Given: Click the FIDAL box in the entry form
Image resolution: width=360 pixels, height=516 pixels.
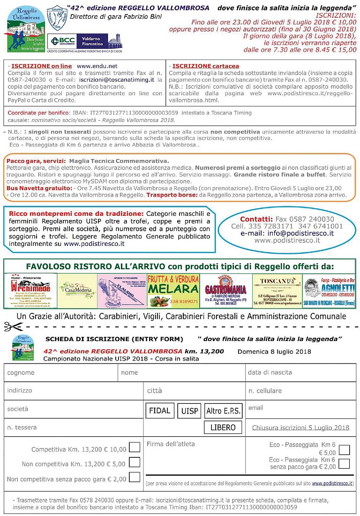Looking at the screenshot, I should (x=160, y=410).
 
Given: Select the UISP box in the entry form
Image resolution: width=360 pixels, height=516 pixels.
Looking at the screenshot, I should (x=190, y=411).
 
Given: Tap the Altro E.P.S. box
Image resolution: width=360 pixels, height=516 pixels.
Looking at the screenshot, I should (x=224, y=411).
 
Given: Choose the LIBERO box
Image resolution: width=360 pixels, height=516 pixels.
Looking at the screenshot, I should (x=223, y=427).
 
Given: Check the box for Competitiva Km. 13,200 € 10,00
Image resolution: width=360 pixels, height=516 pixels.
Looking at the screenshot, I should (x=135, y=447).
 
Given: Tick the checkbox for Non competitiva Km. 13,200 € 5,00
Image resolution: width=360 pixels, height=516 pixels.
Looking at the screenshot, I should (x=135, y=463).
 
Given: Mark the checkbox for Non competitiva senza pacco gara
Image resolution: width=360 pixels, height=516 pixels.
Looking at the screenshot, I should (x=135, y=478).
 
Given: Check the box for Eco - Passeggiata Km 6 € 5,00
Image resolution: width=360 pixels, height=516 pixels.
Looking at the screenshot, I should (x=344, y=450).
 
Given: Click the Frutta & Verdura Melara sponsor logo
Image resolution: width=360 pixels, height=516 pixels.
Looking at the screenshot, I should (x=173, y=291).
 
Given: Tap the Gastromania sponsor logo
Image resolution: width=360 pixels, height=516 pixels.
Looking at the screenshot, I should (x=226, y=291).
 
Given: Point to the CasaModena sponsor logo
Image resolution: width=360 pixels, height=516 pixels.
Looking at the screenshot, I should (x=77, y=291).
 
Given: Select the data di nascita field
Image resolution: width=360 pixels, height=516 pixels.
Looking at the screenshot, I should (x=300, y=372).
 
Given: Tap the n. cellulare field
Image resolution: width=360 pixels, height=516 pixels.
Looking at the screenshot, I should (x=300, y=390).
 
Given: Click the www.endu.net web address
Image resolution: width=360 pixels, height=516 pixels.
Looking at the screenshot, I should (x=97, y=66).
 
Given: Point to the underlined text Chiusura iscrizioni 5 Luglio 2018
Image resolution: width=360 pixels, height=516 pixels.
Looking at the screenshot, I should (x=300, y=427).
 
